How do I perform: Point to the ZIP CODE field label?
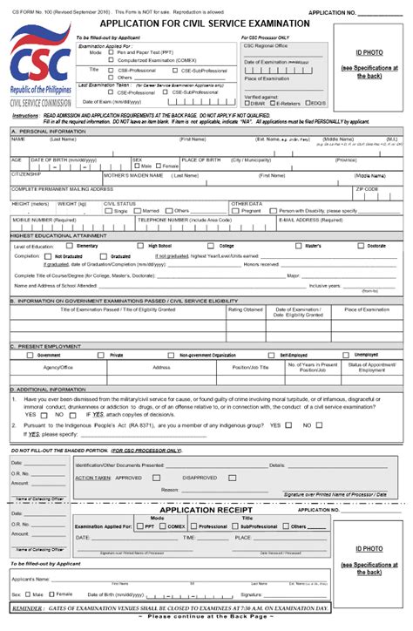coord(367,188)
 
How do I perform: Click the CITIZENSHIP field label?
coord(25,174)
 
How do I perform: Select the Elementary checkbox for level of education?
coord(72,246)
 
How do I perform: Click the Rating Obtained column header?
coord(245,309)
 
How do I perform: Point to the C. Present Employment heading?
coord(44,346)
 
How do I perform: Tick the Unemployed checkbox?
coord(349,355)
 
